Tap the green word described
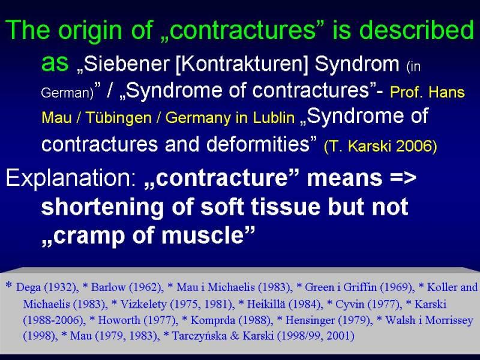tap(416, 29)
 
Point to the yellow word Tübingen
tap(118, 118)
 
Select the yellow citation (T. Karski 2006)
tap(380, 146)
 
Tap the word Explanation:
tap(70, 178)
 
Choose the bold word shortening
tap(103, 207)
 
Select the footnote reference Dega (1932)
tap(46, 287)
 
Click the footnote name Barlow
tap(109, 287)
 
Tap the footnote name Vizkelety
tap(143, 304)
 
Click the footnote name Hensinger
tap(310, 320)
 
